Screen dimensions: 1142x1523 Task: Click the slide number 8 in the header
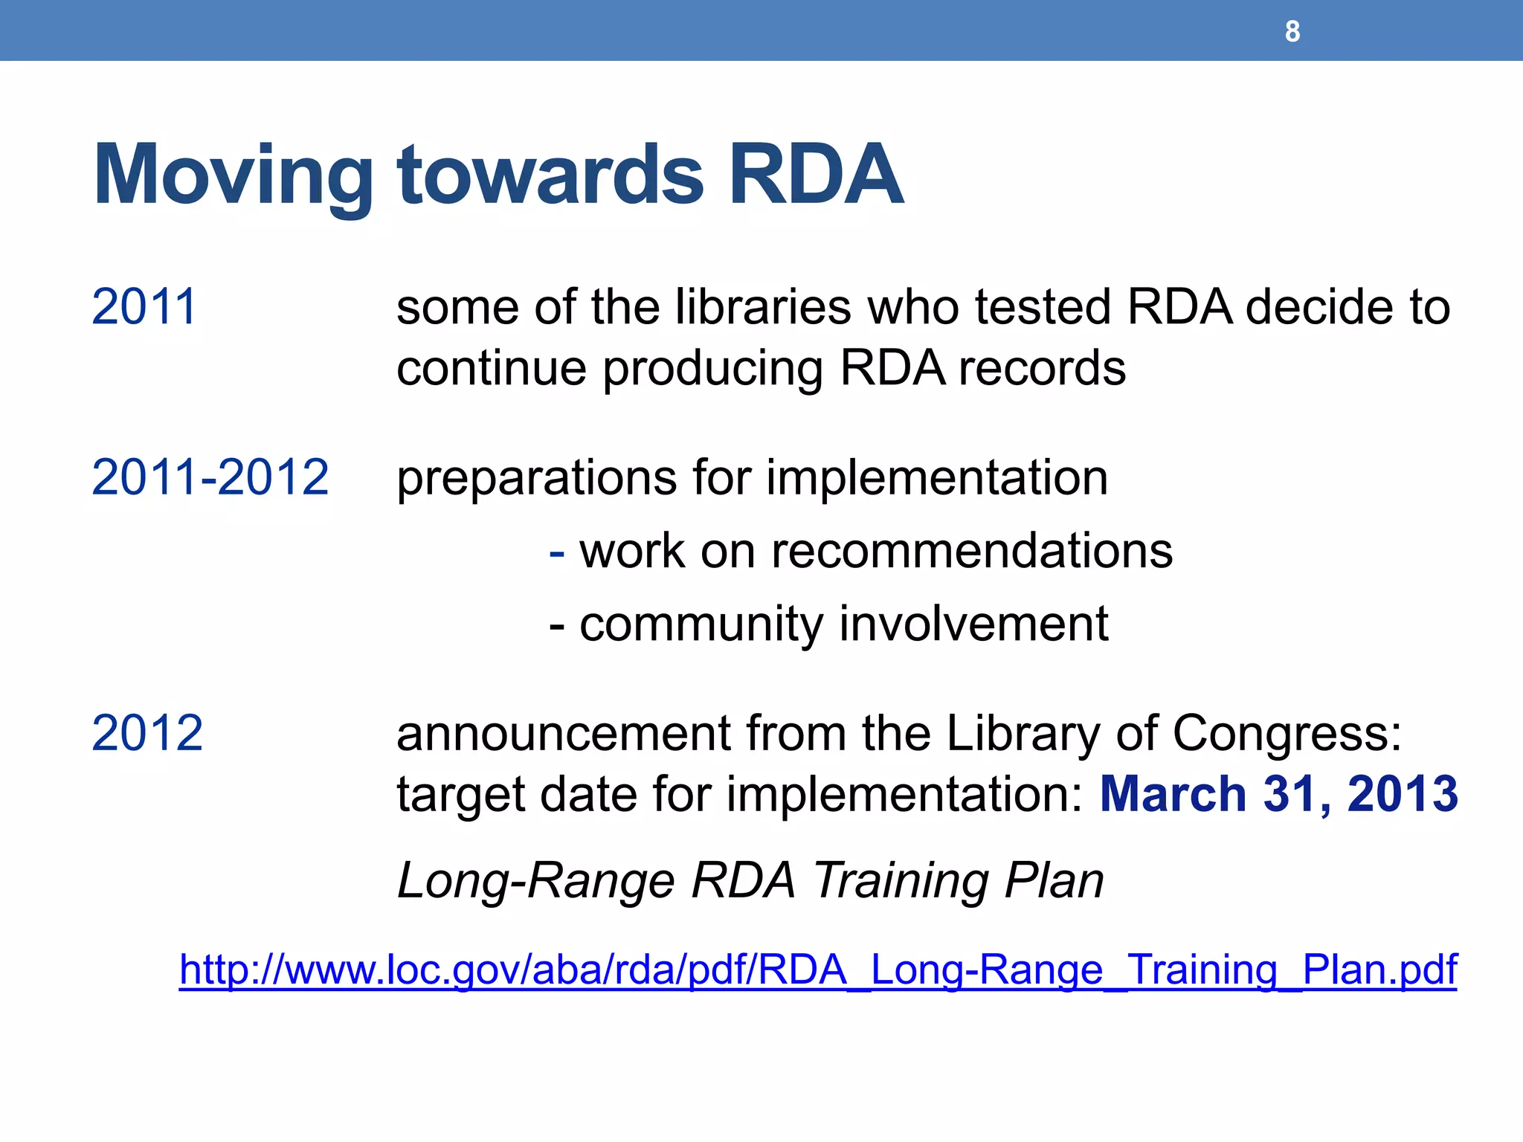coord(1292,31)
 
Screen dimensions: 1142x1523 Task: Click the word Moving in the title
coord(233,176)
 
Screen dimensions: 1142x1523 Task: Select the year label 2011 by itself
coord(144,306)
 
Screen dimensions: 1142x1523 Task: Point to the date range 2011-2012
coord(210,477)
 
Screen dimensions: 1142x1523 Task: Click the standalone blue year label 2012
coord(146,733)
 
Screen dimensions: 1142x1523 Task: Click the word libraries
coord(762,306)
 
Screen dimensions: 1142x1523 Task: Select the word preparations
coord(536,478)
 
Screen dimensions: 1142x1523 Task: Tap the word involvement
coord(973,623)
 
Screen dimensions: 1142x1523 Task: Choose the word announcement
coord(563,733)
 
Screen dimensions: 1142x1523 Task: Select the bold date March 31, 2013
coord(1278,794)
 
